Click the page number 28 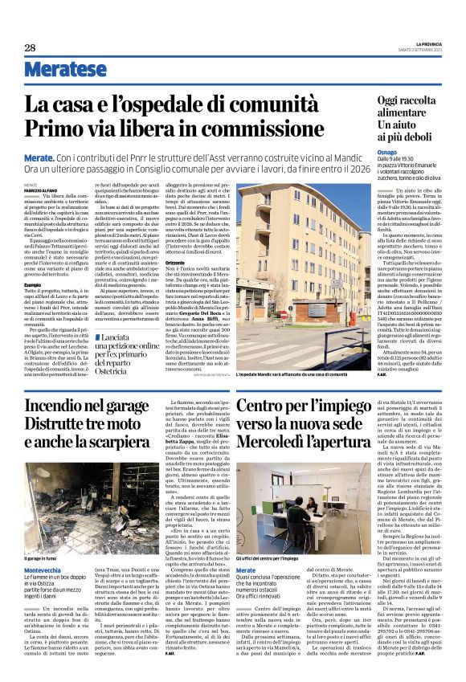[30, 48]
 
